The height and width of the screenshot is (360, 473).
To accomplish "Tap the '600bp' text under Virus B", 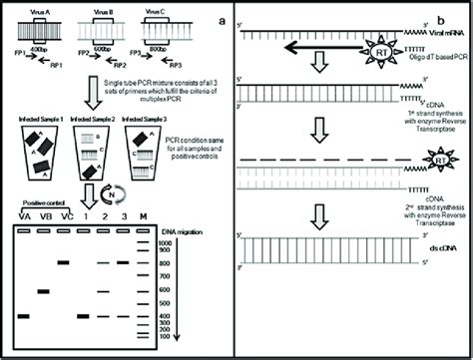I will [x=99, y=49].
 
